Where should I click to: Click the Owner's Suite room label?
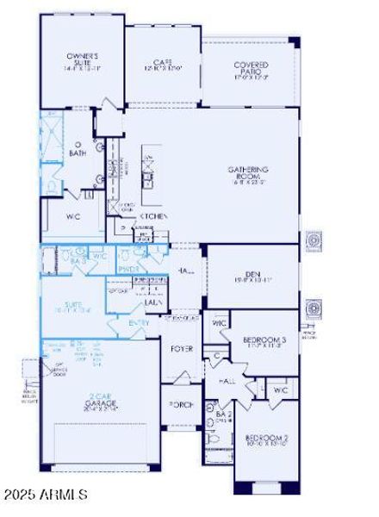click(x=84, y=59)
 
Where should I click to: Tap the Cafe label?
click(x=164, y=63)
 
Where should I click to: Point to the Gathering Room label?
click(x=248, y=173)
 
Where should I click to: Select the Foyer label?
click(x=183, y=349)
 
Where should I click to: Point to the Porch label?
click(x=182, y=404)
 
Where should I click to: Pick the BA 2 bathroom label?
click(x=224, y=415)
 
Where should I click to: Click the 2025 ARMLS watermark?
click(x=45, y=495)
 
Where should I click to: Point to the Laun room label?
click(x=155, y=302)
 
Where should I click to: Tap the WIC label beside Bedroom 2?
click(x=279, y=390)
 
